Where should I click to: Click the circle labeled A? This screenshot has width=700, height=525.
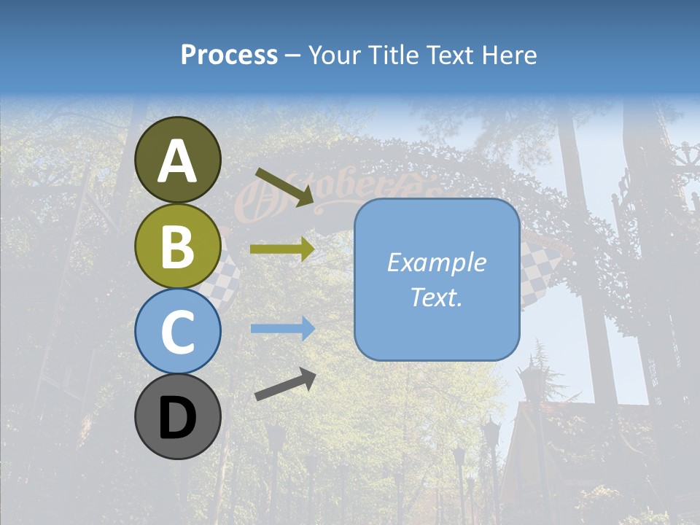178,160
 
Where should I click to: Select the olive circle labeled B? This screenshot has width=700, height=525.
178,246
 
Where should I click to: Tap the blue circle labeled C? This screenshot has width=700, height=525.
178,331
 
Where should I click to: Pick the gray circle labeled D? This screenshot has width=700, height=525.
178,416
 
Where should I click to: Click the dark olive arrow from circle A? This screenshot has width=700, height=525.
284,185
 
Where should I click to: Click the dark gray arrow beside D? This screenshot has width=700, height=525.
285,384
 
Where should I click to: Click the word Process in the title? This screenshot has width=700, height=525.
229,55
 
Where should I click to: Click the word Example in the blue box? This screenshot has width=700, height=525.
437,262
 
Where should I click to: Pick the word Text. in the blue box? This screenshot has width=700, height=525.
437,297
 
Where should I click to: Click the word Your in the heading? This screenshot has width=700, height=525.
336,55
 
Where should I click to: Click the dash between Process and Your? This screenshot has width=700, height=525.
293,55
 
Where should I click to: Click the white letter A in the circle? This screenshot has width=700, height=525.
178,161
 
